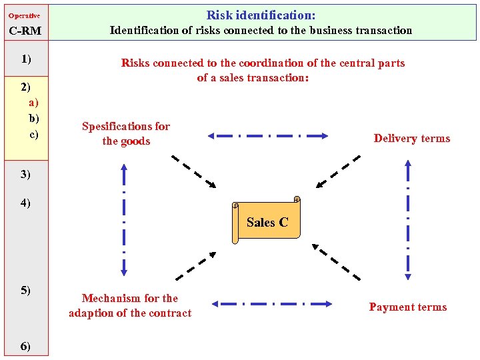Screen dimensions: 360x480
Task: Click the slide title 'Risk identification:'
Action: pos(261,15)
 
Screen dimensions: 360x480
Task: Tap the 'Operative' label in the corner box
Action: pos(24,15)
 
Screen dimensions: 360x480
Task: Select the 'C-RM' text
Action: pos(25,31)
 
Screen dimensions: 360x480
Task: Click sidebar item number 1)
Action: pos(26,59)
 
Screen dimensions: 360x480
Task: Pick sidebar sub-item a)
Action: pos(33,102)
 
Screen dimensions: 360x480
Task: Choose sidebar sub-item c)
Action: pos(33,134)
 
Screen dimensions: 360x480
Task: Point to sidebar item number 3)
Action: pos(25,174)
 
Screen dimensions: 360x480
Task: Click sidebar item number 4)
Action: pos(25,203)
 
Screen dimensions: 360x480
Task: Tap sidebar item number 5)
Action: pos(25,290)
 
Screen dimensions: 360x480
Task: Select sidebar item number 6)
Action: pos(25,345)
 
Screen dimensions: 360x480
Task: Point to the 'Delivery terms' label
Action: pos(411,139)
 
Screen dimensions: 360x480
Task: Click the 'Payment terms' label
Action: pos(407,307)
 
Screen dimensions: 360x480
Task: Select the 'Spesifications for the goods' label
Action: pos(126,133)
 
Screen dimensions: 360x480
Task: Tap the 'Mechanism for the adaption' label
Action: pos(130,305)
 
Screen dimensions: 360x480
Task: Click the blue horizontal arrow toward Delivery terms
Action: pos(267,135)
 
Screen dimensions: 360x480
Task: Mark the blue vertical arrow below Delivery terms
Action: pos(408,219)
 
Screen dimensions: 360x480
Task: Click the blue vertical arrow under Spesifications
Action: pos(124,219)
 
